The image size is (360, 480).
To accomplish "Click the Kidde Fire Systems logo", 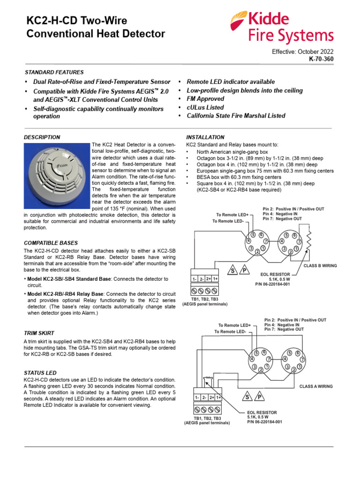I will [281, 28].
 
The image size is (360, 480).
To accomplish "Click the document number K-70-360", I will [321, 60].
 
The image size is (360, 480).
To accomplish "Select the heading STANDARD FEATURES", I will [54, 72].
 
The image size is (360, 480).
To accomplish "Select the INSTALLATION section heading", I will [205, 137].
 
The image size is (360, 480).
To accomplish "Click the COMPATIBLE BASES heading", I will [51, 243].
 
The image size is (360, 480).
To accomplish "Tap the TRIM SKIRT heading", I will [39, 333].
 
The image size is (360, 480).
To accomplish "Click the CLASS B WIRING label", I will [320, 266].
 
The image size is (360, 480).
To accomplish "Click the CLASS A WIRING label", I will [316, 386].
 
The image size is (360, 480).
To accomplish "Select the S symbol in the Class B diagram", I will [232, 270].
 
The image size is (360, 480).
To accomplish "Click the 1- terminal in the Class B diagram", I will [195, 279].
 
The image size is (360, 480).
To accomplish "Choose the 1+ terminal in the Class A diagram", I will [219, 397].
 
